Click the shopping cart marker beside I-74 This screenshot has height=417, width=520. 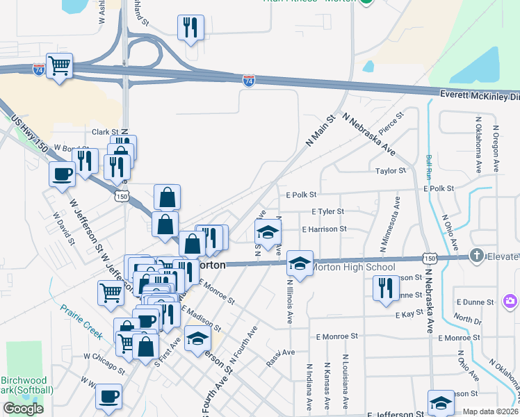point(60,66)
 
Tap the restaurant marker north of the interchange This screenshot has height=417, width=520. point(190,28)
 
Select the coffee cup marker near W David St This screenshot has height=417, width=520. point(62,173)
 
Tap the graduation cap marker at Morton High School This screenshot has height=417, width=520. point(300,263)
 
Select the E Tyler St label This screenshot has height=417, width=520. point(327,211)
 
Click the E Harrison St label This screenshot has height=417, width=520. point(323,228)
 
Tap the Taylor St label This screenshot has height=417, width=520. point(390,171)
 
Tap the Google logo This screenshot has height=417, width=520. point(23,409)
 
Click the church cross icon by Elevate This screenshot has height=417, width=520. point(476,255)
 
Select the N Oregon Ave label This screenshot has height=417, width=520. point(496,149)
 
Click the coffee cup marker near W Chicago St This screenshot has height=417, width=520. point(108,397)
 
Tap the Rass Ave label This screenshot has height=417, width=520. point(281,357)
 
